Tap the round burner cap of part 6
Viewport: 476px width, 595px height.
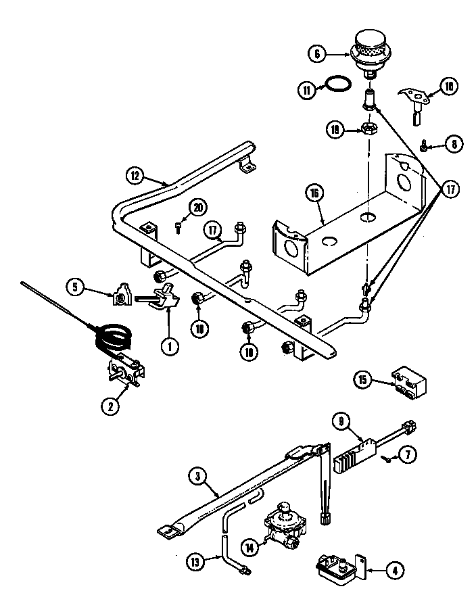point(368,42)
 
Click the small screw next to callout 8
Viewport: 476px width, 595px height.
point(423,145)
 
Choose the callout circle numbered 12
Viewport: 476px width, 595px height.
point(135,175)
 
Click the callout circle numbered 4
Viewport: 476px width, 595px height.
point(394,570)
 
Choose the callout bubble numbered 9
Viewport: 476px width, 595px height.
point(342,422)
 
